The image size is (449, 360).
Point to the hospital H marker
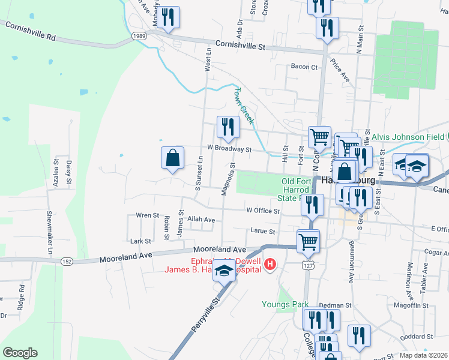[x=271, y=265]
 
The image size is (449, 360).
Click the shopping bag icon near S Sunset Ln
[x=172, y=158]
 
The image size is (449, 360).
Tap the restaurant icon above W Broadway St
[x=228, y=127]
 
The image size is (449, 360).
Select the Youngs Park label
[x=285, y=304]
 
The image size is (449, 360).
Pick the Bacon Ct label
[x=304, y=67]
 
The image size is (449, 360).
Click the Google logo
[x=20, y=353]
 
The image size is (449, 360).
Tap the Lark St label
[x=140, y=241]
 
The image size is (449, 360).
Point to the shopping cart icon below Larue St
[x=309, y=241]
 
